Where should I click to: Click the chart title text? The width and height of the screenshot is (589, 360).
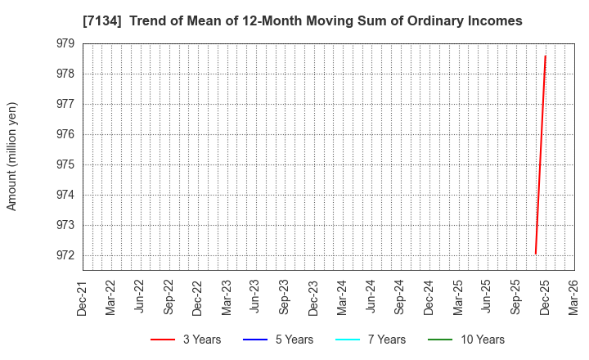[302, 20]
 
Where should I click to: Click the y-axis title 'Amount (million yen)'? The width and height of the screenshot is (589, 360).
[12, 156]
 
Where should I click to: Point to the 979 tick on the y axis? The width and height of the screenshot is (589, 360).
[65, 43]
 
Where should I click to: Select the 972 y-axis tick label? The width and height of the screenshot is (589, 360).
[65, 255]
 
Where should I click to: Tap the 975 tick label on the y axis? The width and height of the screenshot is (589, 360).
[65, 164]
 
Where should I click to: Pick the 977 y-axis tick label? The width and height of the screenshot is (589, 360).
[65, 104]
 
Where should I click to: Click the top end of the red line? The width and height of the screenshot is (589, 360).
[546, 56]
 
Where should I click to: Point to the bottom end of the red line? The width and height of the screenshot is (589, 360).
[536, 254]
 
